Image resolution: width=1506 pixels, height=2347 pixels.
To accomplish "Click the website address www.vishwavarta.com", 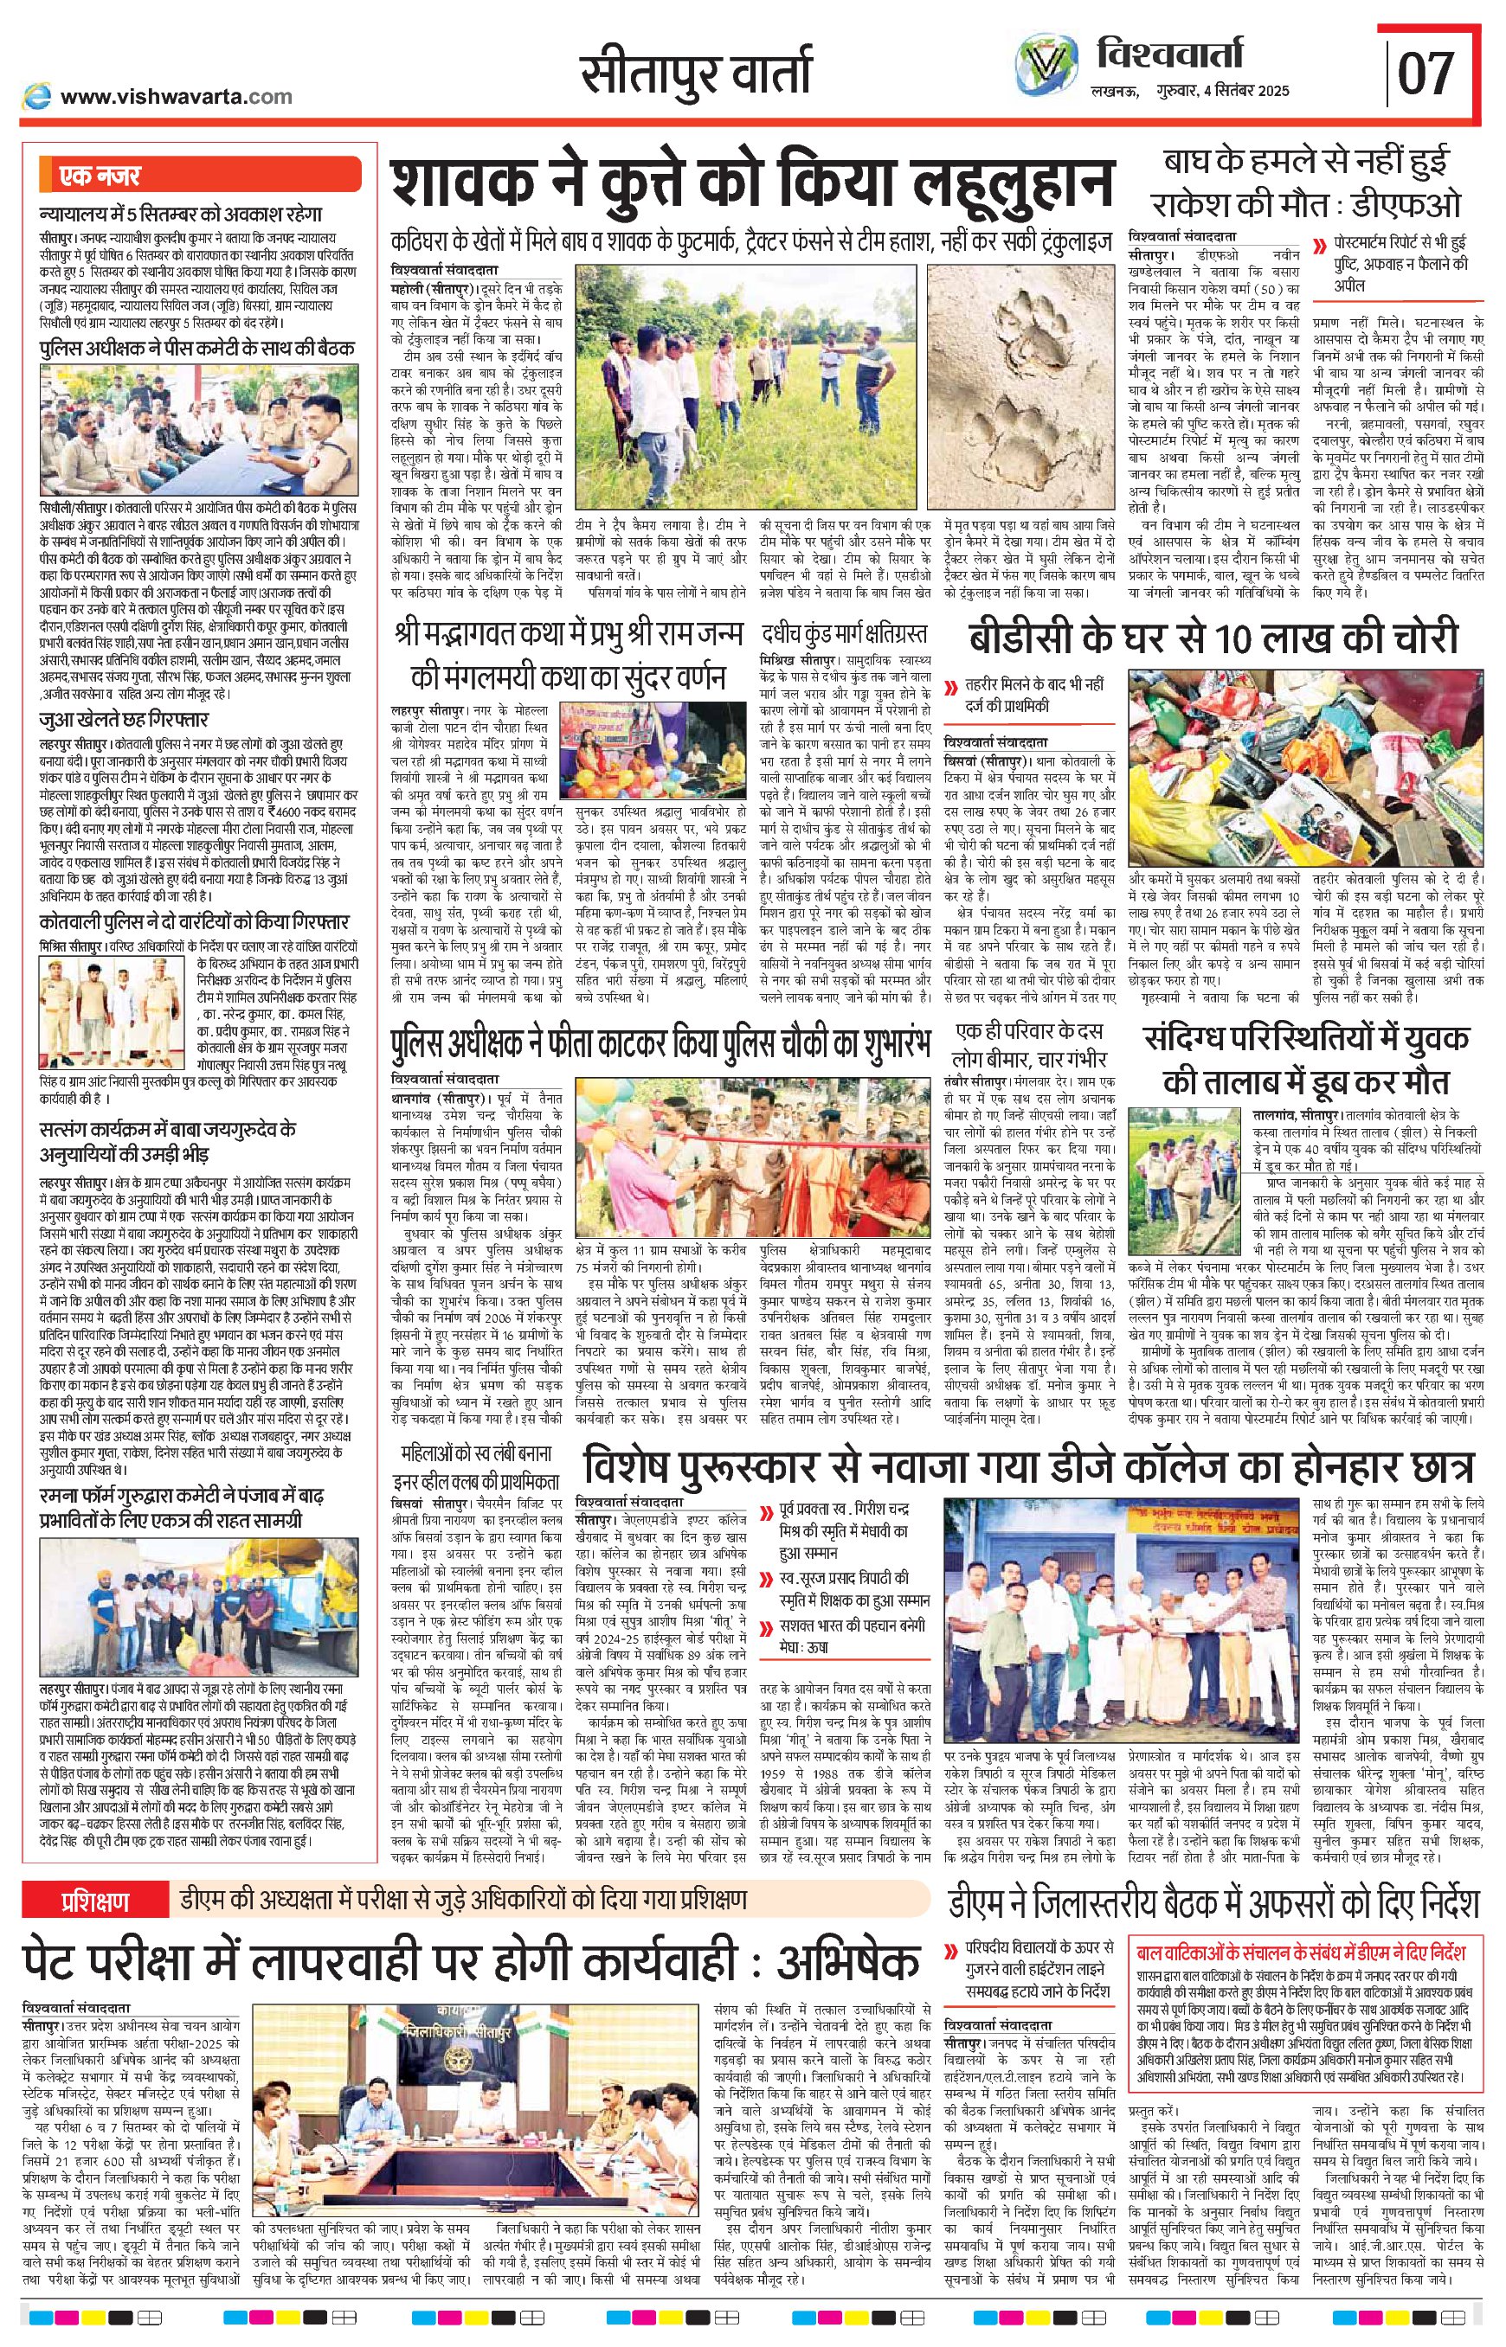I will point(176,96).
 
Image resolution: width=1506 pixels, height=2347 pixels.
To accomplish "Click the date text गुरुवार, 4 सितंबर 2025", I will point(1221,91).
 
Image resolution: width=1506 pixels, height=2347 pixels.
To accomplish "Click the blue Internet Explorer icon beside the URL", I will point(38,96).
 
